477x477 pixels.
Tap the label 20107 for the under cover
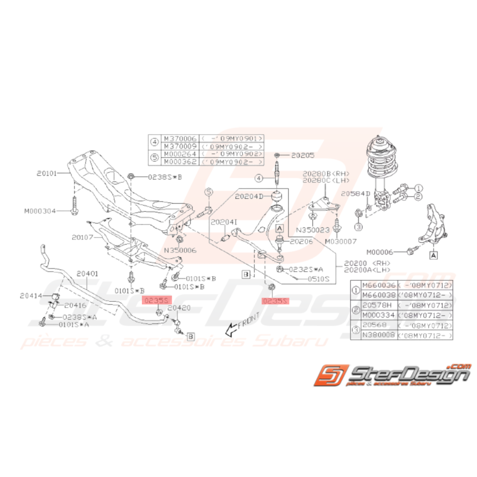click(84, 237)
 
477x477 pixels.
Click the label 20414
click(32, 295)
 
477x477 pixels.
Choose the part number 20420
click(179, 308)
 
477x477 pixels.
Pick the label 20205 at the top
click(303, 154)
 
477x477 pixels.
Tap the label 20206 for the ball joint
click(300, 240)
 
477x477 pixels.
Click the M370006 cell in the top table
click(179, 139)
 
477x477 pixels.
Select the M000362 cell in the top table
click(179, 162)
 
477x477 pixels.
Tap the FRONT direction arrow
click(236, 326)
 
